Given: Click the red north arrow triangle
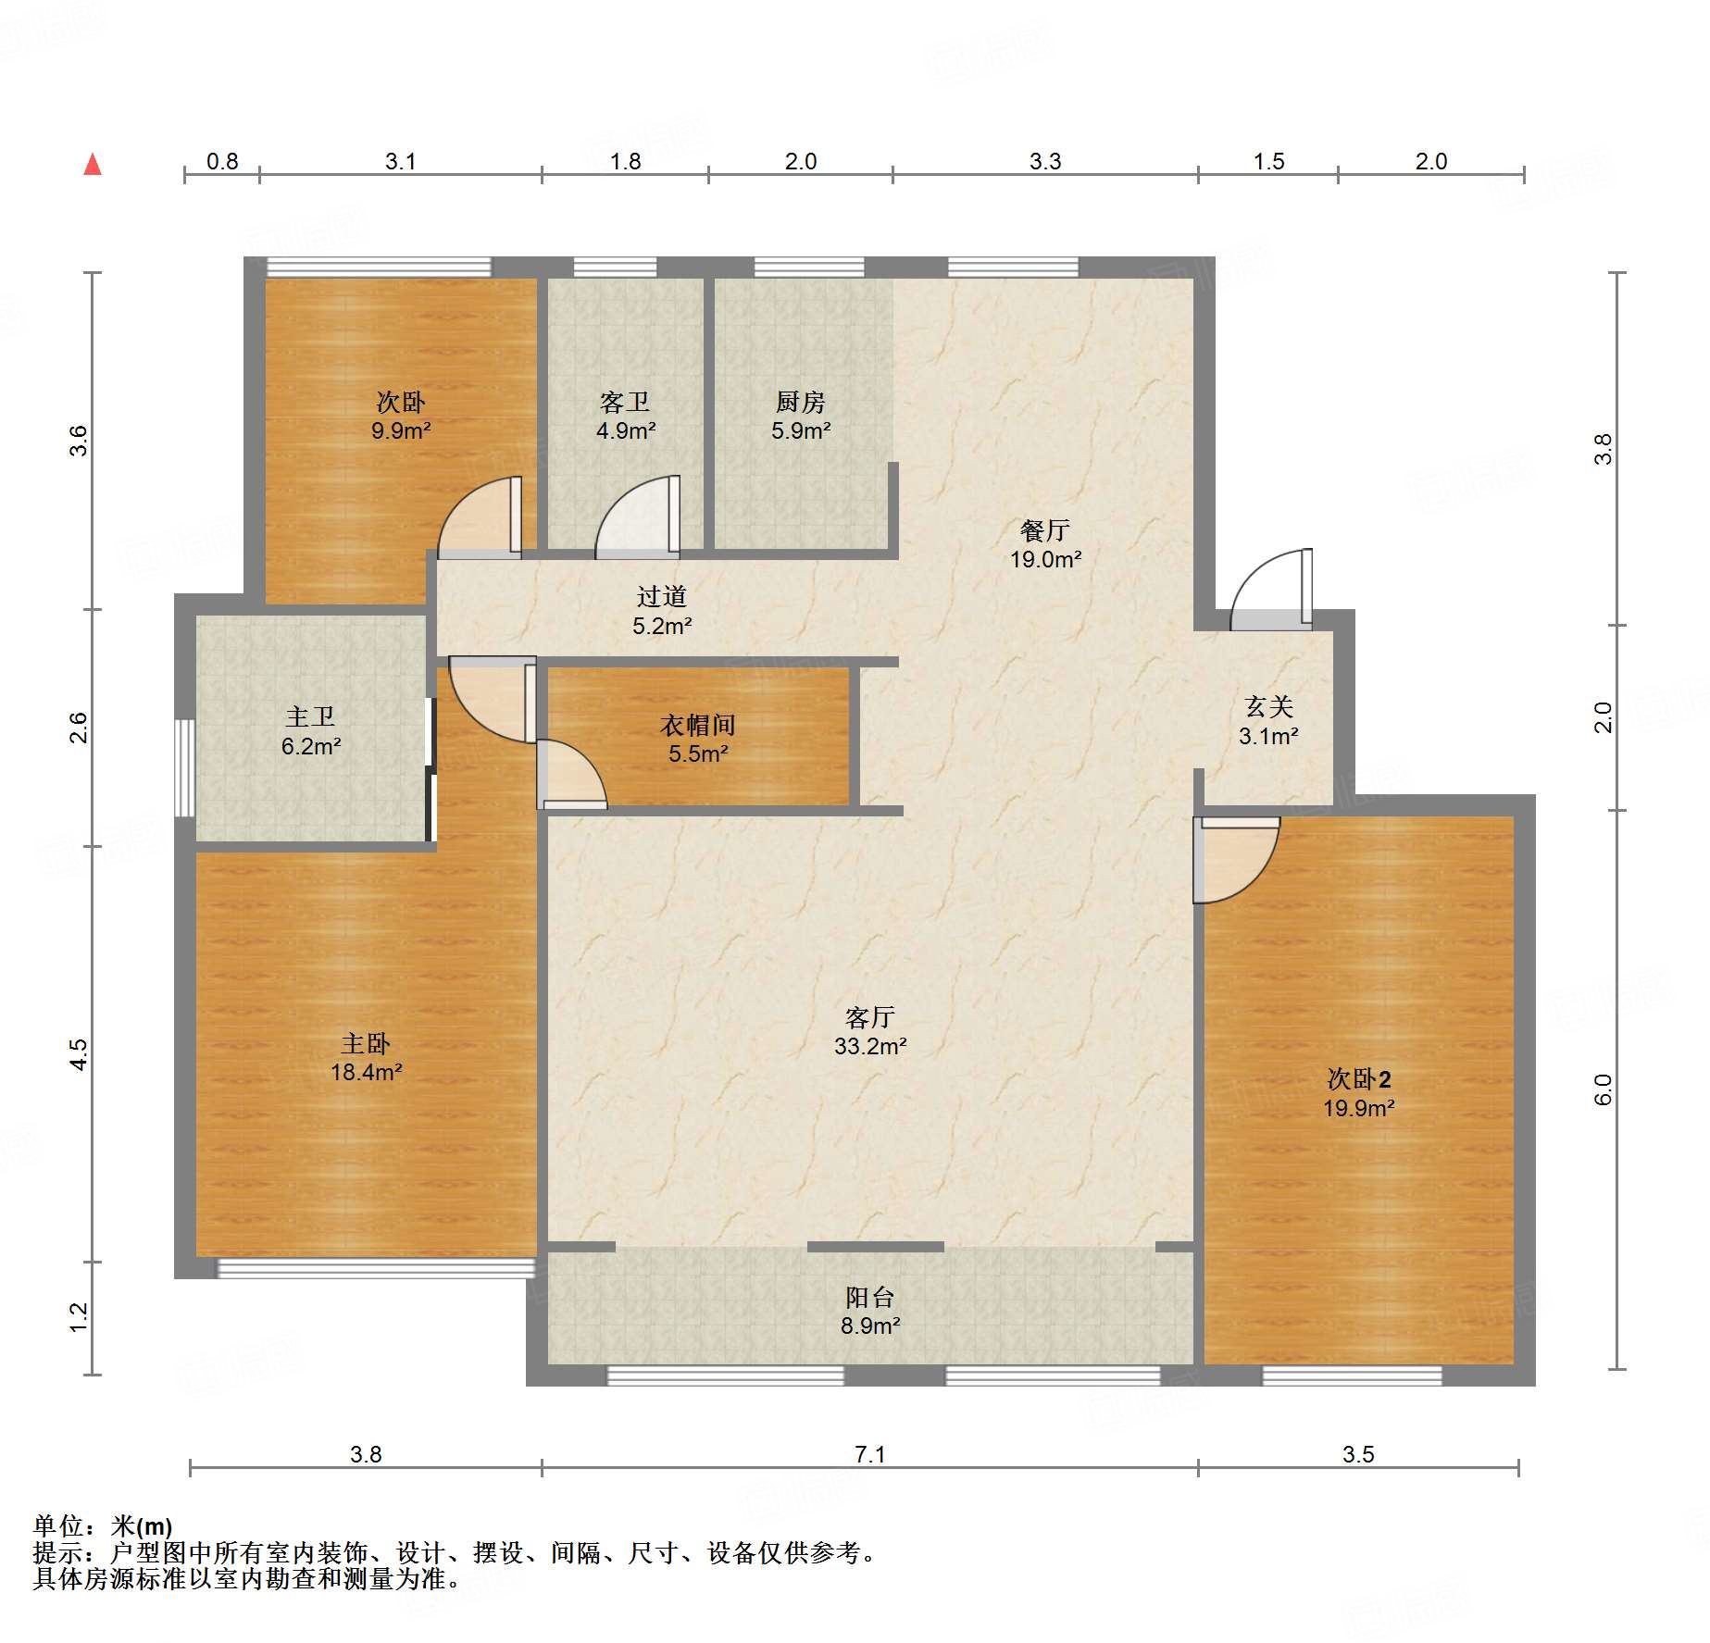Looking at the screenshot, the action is [93, 165].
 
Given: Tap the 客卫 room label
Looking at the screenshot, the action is [625, 402].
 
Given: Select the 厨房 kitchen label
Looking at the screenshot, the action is [801, 402].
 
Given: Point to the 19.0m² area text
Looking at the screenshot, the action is [1045, 559].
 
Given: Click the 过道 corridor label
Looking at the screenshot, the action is [662, 597].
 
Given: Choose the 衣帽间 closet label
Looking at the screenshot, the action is [698, 725].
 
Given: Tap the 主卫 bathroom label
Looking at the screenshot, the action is [310, 716].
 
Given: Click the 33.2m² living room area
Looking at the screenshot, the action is [870, 1046].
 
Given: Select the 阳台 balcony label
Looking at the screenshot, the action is [870, 1297].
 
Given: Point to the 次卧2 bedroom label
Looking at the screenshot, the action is [1359, 1079].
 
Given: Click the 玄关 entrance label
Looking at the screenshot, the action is [1268, 707].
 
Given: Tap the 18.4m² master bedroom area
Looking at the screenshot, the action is [367, 1072].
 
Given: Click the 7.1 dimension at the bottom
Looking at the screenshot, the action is [870, 1454].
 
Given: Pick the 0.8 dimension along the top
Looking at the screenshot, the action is [222, 161].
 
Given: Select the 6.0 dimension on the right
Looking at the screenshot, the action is [1604, 1089].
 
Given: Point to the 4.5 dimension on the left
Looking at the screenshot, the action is [80, 1055].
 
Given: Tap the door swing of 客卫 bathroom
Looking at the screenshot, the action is [638, 517].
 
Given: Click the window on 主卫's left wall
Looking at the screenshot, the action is [185, 767].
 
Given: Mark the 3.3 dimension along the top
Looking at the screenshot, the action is [1045, 161].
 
